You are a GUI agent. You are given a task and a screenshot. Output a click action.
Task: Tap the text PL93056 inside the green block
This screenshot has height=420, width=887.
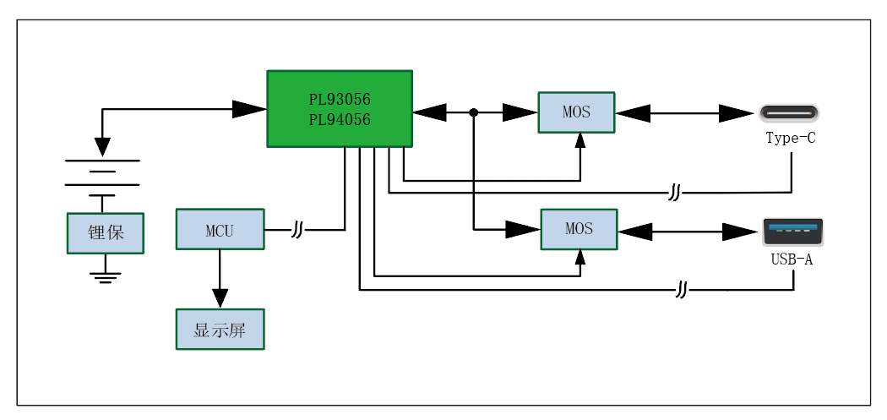339,100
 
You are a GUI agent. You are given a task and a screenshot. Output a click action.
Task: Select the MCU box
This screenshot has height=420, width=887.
220,229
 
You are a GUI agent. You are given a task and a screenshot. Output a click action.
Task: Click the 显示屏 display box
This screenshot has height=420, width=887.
220,330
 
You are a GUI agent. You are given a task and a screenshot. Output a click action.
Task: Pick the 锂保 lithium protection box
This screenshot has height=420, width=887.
106,232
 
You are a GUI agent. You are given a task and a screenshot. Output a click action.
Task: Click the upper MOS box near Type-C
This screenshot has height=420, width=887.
577,112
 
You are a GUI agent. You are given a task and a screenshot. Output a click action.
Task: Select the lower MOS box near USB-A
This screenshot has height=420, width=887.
579,229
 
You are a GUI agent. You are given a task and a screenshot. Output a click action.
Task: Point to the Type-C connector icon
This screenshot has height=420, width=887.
789,112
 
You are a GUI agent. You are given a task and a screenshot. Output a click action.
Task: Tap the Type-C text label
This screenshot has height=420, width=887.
791,138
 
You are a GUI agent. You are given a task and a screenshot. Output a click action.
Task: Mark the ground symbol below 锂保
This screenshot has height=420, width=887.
105,275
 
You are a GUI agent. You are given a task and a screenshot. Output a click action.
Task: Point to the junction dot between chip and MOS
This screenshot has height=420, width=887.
474,112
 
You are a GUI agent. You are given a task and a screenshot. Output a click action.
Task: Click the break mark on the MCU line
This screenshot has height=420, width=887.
297,229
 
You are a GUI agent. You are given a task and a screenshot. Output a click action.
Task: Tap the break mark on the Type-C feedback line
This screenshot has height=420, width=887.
674,193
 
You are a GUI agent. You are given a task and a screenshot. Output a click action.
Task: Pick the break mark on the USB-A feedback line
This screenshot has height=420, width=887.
683,290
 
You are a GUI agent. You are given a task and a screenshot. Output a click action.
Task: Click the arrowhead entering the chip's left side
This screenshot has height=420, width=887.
249,109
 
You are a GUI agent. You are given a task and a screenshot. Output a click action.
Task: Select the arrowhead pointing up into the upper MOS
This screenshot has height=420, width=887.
580,141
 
